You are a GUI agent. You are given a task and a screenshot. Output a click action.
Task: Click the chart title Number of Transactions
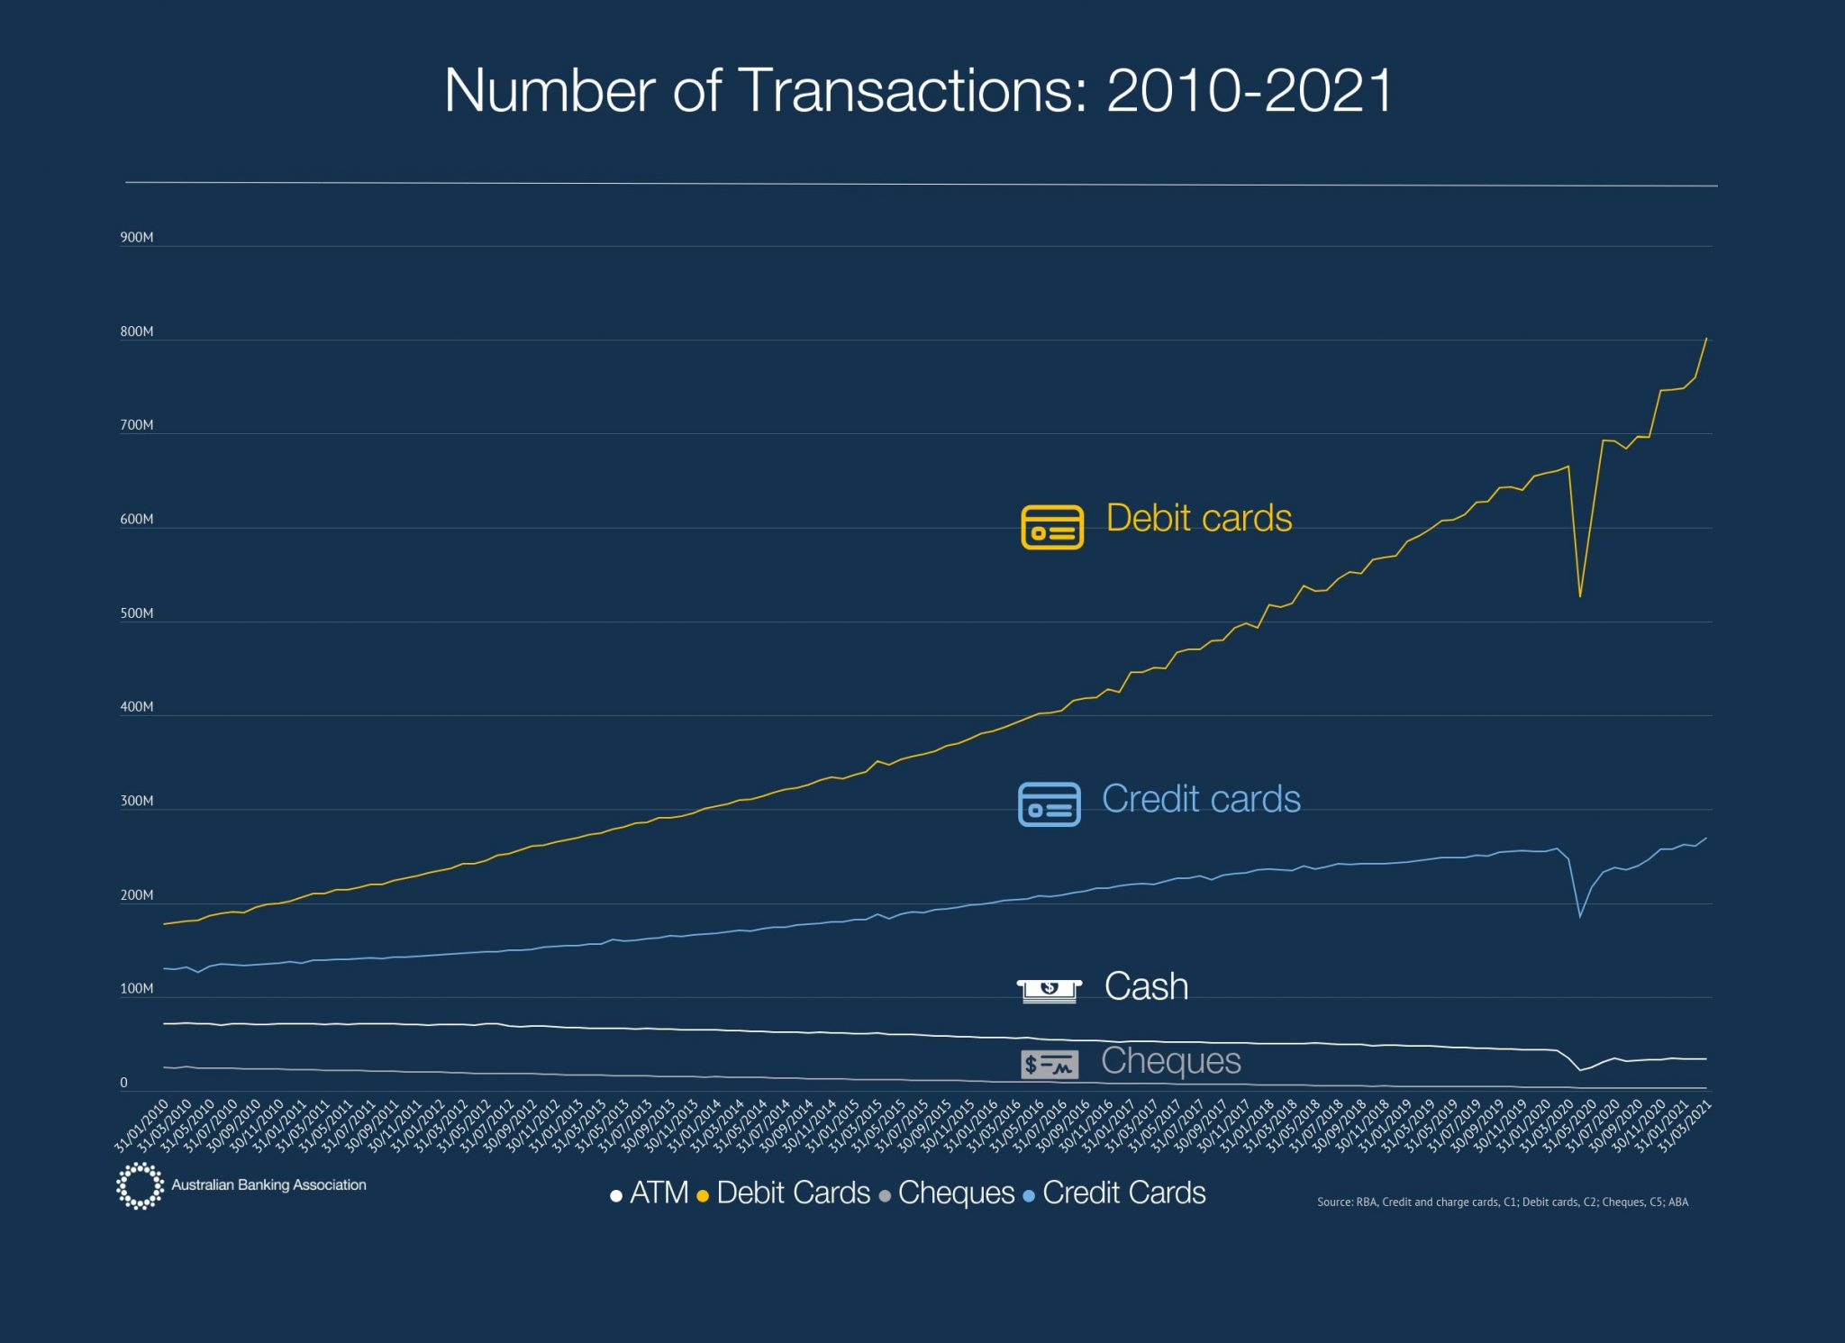click(x=919, y=91)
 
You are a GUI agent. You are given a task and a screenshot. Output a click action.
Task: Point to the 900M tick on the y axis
click(x=137, y=238)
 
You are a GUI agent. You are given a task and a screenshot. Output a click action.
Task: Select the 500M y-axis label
click(x=137, y=613)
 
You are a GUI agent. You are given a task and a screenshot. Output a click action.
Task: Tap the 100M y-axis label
click(x=137, y=989)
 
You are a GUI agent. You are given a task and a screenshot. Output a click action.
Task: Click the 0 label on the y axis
click(x=124, y=1083)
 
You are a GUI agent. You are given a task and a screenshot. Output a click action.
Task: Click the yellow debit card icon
click(x=1051, y=527)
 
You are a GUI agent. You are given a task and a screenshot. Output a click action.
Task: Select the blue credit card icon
click(x=1049, y=803)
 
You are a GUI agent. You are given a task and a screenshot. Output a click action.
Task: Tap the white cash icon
click(x=1049, y=991)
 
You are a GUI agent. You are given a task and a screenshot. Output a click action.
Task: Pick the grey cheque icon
click(x=1049, y=1065)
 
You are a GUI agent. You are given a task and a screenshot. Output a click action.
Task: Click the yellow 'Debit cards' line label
click(x=1198, y=518)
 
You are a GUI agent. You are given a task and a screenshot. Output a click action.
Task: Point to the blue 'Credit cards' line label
click(x=1201, y=799)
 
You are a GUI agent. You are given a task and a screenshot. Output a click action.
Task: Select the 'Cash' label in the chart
click(x=1146, y=986)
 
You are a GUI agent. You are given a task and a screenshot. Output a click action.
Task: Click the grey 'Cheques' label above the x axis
click(x=1170, y=1061)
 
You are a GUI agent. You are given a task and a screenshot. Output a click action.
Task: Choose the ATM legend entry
click(x=650, y=1193)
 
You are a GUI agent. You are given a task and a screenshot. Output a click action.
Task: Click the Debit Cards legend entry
click(x=784, y=1193)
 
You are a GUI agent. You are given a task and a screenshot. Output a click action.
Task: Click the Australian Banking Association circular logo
click(x=140, y=1185)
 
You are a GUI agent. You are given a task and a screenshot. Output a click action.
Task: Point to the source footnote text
click(x=1502, y=1202)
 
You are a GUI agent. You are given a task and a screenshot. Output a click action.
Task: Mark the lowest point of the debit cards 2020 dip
click(x=1580, y=596)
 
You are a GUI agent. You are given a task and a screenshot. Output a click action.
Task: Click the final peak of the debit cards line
click(x=1706, y=340)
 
